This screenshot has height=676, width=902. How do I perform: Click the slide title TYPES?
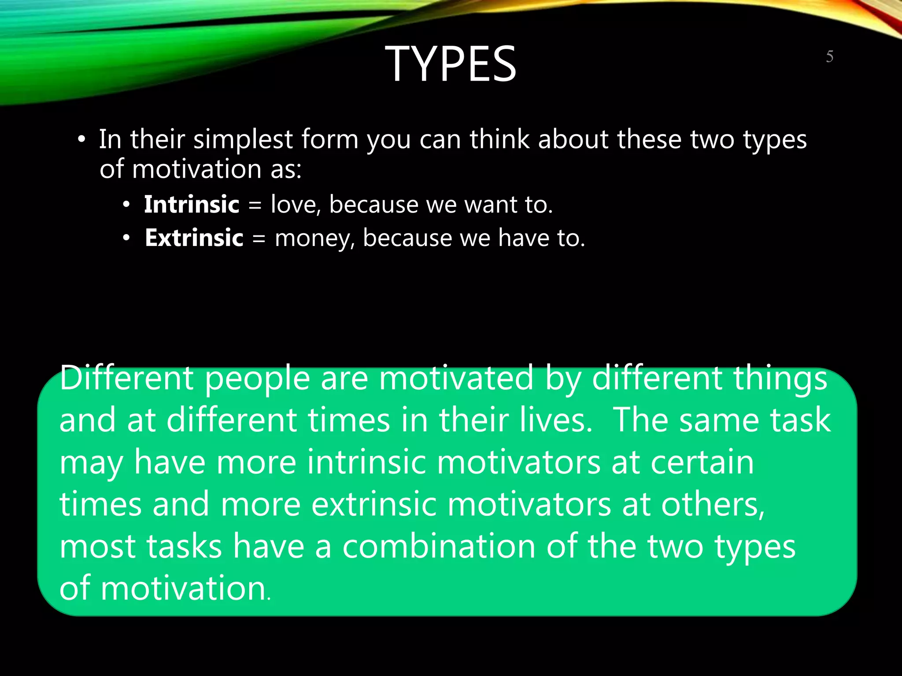[x=451, y=64]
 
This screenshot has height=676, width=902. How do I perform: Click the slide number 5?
[x=829, y=57]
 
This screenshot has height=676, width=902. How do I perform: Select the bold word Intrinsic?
[x=192, y=205]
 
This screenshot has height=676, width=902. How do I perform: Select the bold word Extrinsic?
[x=194, y=238]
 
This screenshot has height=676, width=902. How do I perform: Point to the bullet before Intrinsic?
[x=126, y=205]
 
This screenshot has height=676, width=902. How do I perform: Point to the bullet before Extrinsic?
[x=126, y=239]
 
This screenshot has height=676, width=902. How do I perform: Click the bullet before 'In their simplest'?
[x=81, y=140]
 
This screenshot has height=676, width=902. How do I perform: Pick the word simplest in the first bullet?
[x=243, y=140]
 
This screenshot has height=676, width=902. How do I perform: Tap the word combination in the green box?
[x=439, y=546]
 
